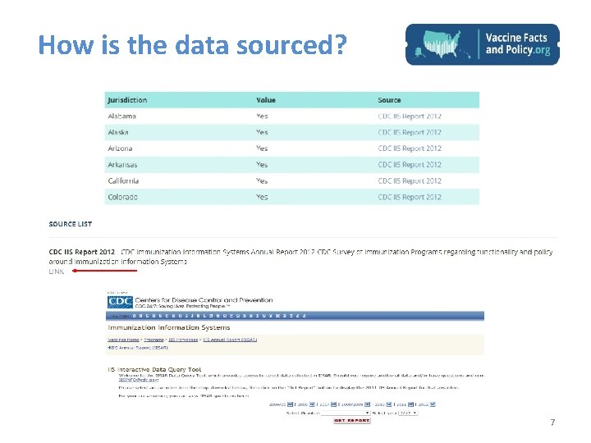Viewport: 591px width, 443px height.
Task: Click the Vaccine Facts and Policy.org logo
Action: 483,44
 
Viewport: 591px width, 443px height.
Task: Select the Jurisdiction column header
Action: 127,100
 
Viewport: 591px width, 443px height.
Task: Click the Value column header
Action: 266,100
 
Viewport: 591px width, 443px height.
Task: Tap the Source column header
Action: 389,100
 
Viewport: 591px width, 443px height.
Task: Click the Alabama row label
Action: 122,116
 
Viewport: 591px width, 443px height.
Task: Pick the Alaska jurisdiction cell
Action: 119,132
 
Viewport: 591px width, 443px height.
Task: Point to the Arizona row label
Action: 120,148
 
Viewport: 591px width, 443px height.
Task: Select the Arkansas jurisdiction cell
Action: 123,165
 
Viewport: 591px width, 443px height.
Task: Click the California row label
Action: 123,180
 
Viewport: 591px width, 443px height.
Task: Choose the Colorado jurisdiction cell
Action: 122,197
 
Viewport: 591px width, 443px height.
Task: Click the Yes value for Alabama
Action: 262,116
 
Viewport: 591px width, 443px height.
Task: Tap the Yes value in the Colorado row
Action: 262,197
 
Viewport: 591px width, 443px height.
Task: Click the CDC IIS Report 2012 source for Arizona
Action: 410,148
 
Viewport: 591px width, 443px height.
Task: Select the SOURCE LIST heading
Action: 71,224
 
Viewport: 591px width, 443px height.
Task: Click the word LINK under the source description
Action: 56,271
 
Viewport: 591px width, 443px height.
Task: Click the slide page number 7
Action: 552,423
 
